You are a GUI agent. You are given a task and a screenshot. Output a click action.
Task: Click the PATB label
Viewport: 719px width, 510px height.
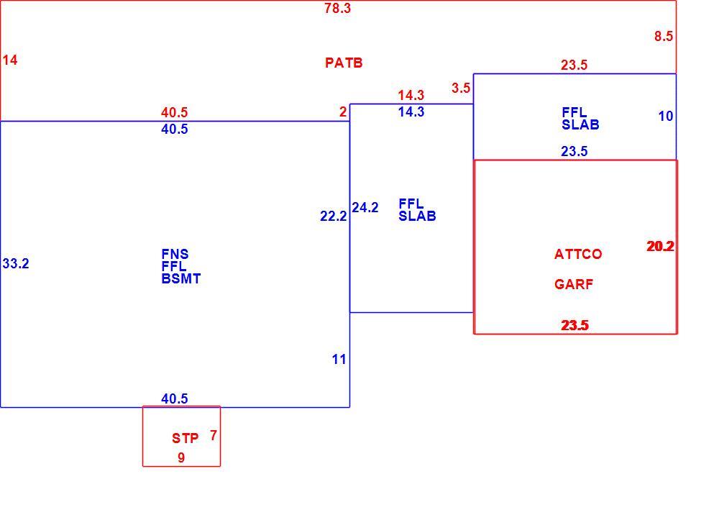tap(344, 63)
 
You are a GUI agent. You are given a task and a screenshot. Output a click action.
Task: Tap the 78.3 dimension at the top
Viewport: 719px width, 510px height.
tap(337, 8)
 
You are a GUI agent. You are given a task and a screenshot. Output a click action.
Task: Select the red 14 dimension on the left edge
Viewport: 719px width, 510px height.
tap(9, 60)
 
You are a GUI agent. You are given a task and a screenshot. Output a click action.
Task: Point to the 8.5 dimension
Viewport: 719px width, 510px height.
tap(664, 36)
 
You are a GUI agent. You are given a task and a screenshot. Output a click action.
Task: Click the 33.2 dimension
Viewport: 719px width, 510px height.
tap(16, 264)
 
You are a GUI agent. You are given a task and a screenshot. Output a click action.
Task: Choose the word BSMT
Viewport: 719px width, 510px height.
tap(181, 279)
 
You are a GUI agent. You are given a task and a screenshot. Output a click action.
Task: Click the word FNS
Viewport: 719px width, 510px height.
tap(175, 254)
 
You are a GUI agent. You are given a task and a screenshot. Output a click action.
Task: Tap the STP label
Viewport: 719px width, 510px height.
tap(186, 439)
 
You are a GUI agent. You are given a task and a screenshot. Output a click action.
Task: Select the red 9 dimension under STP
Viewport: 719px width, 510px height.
tap(181, 457)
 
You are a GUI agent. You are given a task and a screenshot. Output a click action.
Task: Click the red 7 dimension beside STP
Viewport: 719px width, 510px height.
tap(214, 435)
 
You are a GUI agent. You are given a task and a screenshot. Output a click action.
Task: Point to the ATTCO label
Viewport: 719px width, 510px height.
tap(578, 254)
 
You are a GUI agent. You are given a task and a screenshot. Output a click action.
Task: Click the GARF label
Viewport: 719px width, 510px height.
tap(574, 284)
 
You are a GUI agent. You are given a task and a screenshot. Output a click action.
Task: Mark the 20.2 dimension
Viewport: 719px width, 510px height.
tap(660, 246)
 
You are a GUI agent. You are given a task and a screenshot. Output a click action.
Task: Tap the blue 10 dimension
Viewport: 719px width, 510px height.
tap(666, 116)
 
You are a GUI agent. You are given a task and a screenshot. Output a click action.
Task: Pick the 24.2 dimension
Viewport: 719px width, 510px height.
tap(365, 208)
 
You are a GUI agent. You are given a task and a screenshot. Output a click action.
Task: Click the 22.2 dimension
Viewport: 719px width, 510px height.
tap(334, 216)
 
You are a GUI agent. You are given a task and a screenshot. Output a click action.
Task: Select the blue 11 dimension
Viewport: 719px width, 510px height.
tap(339, 359)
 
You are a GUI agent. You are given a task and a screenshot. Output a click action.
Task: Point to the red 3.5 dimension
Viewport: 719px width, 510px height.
tap(461, 88)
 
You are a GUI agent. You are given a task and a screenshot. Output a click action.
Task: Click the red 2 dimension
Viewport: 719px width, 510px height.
tap(343, 112)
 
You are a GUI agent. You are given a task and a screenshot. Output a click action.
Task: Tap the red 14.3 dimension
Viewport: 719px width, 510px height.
tap(411, 96)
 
